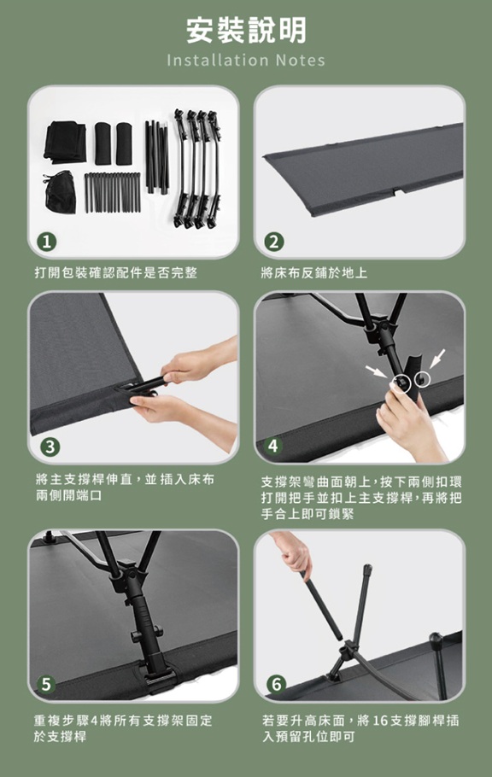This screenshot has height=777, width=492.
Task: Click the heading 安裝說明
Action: point(247,30)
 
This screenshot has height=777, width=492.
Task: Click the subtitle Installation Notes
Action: point(246,61)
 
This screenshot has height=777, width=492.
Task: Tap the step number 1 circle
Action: point(47,242)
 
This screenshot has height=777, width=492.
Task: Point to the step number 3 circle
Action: point(50,447)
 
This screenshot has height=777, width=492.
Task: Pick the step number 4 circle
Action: point(272,446)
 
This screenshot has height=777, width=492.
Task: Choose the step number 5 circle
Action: point(46,684)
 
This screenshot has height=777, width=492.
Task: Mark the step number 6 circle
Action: point(276,684)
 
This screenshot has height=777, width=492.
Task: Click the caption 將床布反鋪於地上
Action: point(314,272)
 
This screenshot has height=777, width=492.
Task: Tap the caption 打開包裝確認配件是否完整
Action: point(115,272)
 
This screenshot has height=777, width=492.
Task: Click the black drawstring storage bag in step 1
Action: point(59,190)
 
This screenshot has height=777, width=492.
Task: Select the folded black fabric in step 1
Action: point(64,142)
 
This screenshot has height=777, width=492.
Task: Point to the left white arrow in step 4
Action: point(377,371)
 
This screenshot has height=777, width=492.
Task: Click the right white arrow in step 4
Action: point(438,359)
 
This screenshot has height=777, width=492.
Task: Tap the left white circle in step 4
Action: point(401,383)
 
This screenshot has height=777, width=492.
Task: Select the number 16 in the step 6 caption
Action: point(379,720)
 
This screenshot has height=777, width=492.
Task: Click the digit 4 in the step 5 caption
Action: point(92,720)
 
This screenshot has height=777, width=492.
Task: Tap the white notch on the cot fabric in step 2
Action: point(398,191)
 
